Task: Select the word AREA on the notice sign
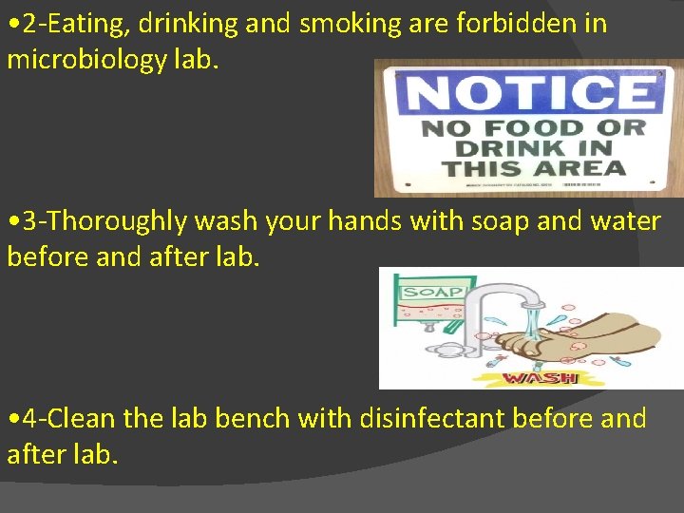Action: (x=586, y=169)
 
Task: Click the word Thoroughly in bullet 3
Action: (x=119, y=221)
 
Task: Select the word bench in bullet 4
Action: (x=254, y=418)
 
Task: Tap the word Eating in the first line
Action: (x=92, y=24)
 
